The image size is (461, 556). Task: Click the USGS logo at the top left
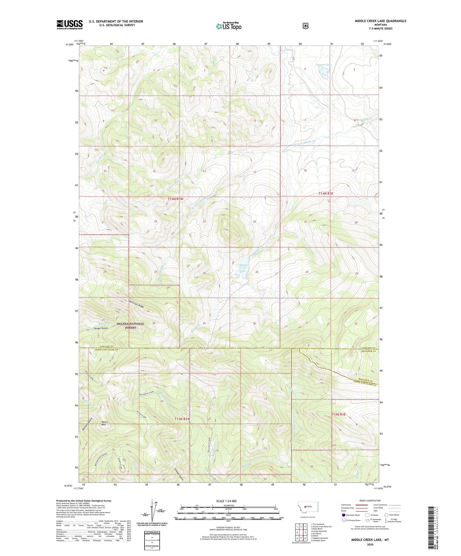[x=70, y=25]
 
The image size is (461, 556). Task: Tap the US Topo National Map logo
[x=229, y=26]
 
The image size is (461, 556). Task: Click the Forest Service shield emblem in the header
[x=305, y=26]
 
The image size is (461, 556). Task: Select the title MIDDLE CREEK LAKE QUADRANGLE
[x=380, y=21]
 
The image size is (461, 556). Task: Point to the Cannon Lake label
[x=323, y=65]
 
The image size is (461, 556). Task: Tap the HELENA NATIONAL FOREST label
[x=130, y=325]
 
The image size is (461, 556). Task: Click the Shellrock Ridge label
[x=136, y=303]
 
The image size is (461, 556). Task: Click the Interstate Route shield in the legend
[x=343, y=515]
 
